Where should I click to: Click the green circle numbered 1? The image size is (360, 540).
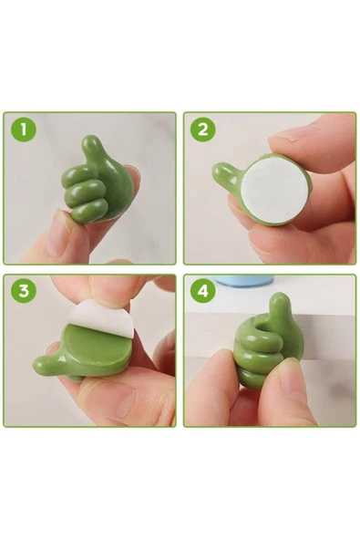coord(24,130)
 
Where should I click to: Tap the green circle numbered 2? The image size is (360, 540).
coord(203,130)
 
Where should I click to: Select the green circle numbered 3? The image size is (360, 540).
coord(24,291)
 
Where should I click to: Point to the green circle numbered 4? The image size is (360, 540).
coord(203,291)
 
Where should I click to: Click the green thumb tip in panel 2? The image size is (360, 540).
coord(221,171)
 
